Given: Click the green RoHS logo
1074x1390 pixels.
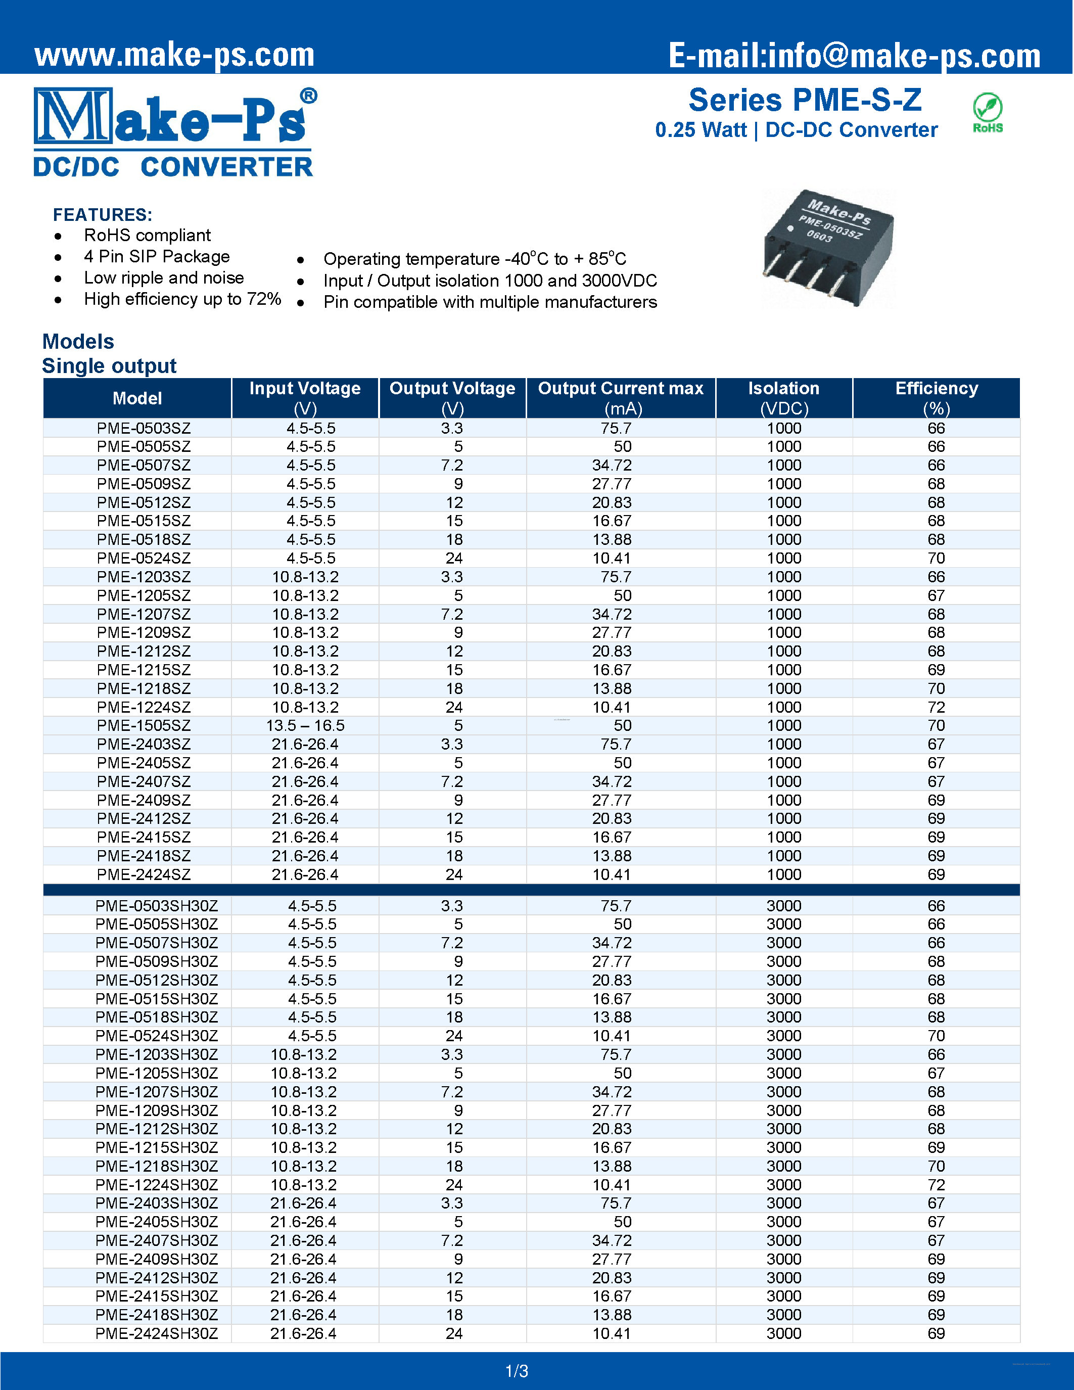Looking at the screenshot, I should pyautogui.click(x=988, y=113).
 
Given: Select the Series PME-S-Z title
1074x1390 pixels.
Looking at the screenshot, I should pyautogui.click(x=805, y=101).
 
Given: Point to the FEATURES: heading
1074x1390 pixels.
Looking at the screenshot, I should pyautogui.click(x=103, y=214).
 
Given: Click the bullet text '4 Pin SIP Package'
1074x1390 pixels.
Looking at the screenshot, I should pyautogui.click(x=157, y=256).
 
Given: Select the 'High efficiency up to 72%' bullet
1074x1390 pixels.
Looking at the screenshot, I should pyautogui.click(x=182, y=299).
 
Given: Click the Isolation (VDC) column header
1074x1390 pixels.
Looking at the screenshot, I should pyautogui.click(x=783, y=398).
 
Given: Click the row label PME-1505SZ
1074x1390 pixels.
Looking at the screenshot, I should pyautogui.click(x=144, y=725).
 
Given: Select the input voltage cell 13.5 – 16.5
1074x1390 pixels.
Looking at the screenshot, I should pyautogui.click(x=305, y=725).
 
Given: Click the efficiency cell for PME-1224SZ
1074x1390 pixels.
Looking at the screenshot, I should pyautogui.click(x=936, y=707).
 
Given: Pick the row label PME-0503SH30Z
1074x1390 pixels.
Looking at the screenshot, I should pyautogui.click(x=157, y=906).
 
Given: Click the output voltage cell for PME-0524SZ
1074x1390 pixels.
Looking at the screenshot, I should pyautogui.click(x=454, y=558).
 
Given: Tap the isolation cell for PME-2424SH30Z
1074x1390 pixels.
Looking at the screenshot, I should pyautogui.click(x=783, y=1333).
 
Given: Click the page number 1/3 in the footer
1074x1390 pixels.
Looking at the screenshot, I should pyautogui.click(x=517, y=1371).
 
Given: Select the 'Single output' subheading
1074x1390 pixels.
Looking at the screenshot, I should pyautogui.click(x=109, y=366).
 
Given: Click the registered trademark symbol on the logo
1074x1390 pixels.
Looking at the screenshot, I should pyautogui.click(x=309, y=96).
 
